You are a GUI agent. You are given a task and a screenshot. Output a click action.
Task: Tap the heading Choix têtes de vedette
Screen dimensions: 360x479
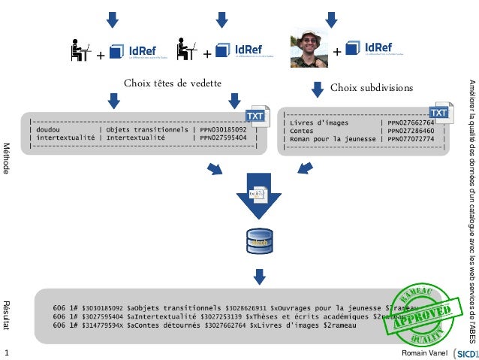point(172,83)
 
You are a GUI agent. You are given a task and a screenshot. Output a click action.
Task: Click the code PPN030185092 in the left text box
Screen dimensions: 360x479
point(227,129)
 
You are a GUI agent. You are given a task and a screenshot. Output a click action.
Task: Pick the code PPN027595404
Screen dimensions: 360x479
point(227,138)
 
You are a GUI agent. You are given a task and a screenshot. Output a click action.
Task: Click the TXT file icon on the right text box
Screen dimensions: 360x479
point(439,113)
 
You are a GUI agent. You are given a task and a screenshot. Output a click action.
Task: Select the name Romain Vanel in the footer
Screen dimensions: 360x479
point(425,352)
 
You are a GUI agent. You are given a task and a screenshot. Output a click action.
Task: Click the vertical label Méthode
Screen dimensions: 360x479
point(7,158)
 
